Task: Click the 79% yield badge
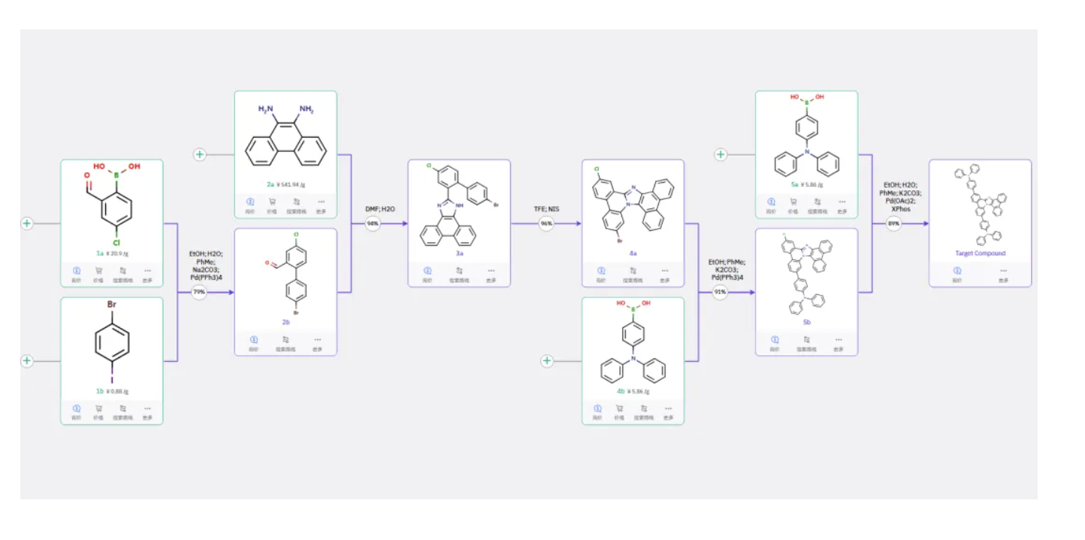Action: pos(199,293)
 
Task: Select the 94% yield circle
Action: pos(373,223)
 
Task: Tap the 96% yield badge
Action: pos(546,223)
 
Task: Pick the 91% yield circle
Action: pos(720,292)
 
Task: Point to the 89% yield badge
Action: pos(893,223)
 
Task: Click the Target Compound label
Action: pos(980,253)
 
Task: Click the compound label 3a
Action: pos(459,253)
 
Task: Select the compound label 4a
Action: pos(633,253)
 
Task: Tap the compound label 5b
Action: pos(806,322)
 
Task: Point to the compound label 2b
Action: pos(286,322)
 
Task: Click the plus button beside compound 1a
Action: pos(27,223)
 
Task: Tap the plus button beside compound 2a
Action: pos(200,155)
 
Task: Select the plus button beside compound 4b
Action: pos(547,361)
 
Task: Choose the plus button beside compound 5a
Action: pos(721,155)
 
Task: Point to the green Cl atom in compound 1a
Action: pos(116,242)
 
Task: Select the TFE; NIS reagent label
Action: pos(546,208)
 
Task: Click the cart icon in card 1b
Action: pos(98,409)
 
